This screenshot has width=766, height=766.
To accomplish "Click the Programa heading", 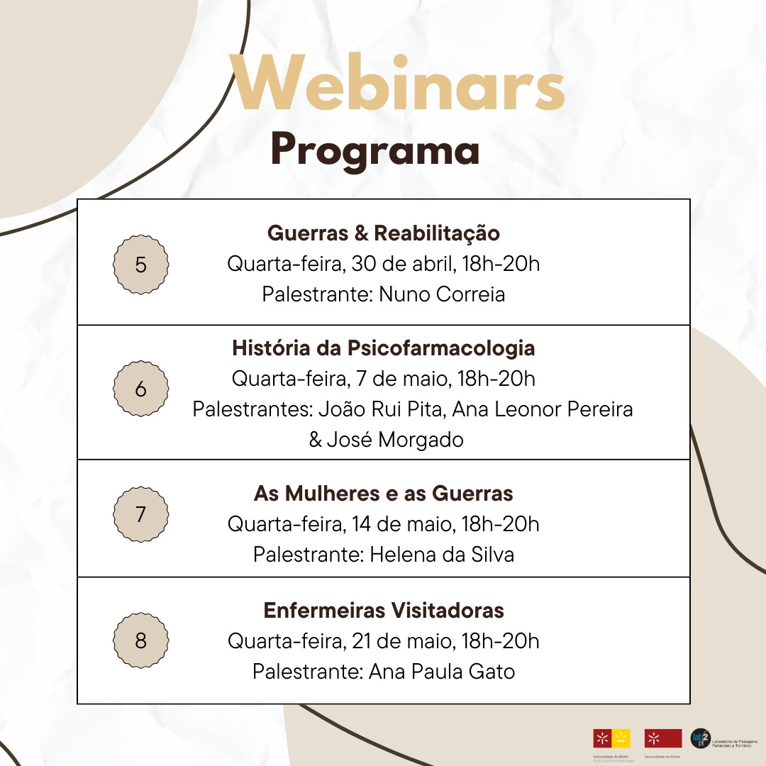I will [x=374, y=150].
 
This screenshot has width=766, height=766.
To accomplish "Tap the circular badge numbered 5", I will [x=140, y=265].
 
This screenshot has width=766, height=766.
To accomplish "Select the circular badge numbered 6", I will [x=140, y=389].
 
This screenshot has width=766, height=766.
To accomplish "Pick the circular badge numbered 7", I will [x=140, y=514].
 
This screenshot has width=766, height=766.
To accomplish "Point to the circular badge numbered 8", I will [x=140, y=641].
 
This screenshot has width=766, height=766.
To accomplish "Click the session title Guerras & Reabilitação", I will [x=383, y=233].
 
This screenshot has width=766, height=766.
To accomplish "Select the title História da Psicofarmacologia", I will [x=383, y=348].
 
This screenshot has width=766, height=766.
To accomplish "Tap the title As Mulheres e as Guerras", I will [x=383, y=493].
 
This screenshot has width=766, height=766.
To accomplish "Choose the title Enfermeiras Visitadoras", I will [x=383, y=610].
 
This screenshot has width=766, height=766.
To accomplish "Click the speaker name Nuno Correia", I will [x=442, y=294].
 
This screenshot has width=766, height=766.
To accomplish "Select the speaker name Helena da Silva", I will [x=442, y=554].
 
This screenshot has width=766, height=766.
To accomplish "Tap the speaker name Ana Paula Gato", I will [x=442, y=671].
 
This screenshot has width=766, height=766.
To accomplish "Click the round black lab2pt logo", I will [x=699, y=738].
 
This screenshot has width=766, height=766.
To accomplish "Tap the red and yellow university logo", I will [x=611, y=738].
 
